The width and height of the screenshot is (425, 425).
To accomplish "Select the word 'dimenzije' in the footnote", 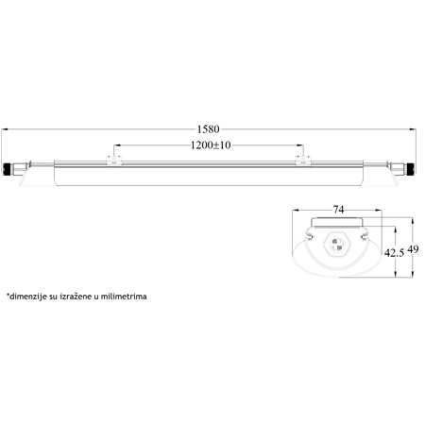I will click(27, 296).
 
